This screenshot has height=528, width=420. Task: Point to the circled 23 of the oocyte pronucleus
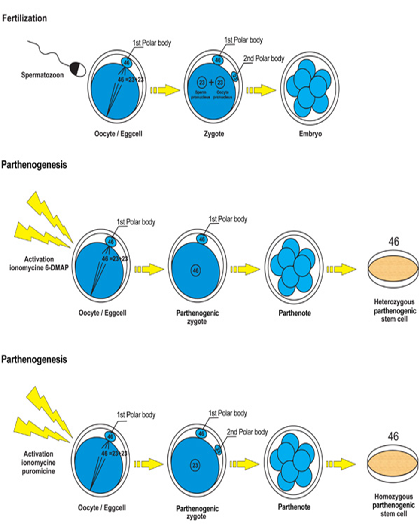(x=221, y=82)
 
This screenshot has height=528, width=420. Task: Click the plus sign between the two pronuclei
(x=212, y=82)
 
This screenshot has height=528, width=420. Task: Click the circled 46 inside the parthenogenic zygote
(x=196, y=270)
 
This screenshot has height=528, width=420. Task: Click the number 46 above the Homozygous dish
(x=393, y=437)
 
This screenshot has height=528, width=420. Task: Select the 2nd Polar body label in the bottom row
(x=248, y=432)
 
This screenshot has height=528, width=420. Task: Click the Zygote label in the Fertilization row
(x=214, y=134)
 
